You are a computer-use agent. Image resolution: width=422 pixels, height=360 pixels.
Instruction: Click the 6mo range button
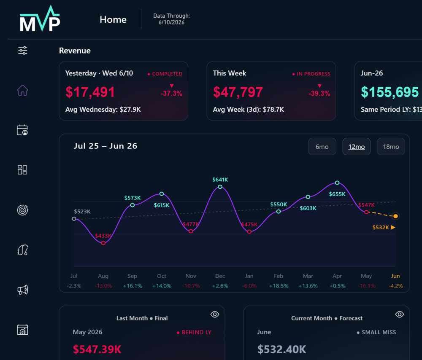pyautogui.click(x=322, y=147)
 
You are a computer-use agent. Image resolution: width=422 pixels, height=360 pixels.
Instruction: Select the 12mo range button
pyautogui.click(x=356, y=147)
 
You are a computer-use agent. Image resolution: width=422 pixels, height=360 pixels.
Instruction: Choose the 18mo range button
pyautogui.click(x=391, y=147)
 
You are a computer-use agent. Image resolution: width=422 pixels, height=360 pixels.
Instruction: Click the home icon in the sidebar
pyautogui.click(x=23, y=90)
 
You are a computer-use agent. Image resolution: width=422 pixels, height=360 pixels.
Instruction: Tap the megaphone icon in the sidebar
pyautogui.click(x=23, y=290)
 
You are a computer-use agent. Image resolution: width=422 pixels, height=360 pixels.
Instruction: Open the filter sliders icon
pyautogui.click(x=23, y=50)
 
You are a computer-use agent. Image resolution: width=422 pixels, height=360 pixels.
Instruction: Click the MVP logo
pyautogui.click(x=40, y=19)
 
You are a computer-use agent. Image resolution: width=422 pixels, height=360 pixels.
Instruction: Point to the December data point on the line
pyautogui.click(x=220, y=187)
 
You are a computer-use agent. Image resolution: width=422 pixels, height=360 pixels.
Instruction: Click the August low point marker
pyautogui.click(x=103, y=243)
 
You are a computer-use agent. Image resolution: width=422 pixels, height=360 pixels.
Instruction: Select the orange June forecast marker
pyautogui.click(x=395, y=216)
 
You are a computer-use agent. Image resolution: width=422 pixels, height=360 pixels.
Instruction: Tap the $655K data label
pyautogui.click(x=337, y=194)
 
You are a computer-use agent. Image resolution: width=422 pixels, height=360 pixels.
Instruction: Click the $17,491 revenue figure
pyautogui.click(x=90, y=92)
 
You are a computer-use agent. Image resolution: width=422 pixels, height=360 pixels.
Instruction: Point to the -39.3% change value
pyautogui.click(x=319, y=94)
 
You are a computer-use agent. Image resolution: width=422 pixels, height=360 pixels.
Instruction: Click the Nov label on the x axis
pyautogui.click(x=191, y=276)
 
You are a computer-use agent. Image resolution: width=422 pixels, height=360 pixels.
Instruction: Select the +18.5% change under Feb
pyautogui.click(x=279, y=286)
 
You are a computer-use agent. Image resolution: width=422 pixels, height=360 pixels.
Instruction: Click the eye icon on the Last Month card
pyautogui.click(x=215, y=314)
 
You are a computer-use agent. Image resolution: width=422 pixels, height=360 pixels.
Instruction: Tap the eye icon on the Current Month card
pyautogui.click(x=400, y=314)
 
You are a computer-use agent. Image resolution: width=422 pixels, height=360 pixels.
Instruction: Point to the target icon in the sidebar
pyautogui.click(x=23, y=210)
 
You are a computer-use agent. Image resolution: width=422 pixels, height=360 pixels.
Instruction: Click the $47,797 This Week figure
pyautogui.click(x=238, y=92)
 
